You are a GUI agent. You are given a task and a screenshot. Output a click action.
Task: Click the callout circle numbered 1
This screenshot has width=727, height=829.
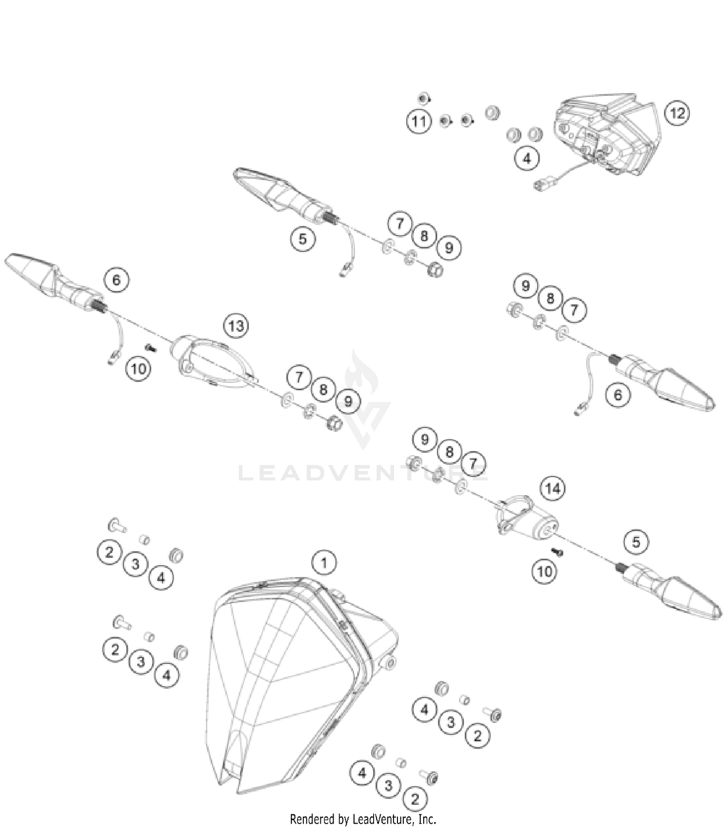click(324, 563)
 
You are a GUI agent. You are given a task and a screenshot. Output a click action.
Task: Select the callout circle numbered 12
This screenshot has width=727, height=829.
click(677, 113)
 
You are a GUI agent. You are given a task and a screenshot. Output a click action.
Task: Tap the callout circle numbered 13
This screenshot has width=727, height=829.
click(236, 326)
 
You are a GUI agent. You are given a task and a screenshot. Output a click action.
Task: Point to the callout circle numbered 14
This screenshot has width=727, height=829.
click(553, 488)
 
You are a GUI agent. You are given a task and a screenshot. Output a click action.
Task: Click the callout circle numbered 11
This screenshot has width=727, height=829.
click(419, 121)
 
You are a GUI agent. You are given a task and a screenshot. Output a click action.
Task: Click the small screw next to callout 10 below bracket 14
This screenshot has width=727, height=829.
click(557, 551)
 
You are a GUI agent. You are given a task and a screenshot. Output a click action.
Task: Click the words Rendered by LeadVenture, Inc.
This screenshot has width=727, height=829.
click(363, 819)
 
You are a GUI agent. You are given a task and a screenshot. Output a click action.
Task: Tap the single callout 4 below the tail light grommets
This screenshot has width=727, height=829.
click(527, 158)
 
